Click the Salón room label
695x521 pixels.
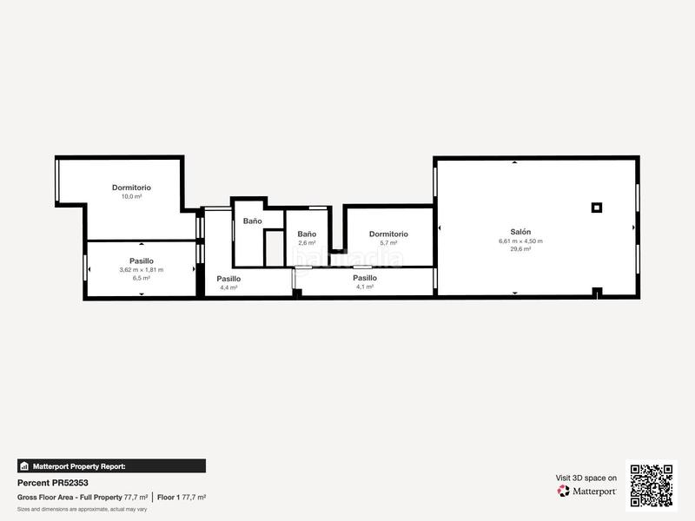click(520, 231)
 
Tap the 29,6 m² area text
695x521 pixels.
click(520, 249)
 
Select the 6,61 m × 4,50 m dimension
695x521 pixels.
click(520, 241)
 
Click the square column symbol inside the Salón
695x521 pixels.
click(596, 207)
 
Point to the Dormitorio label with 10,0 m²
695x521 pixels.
click(131, 188)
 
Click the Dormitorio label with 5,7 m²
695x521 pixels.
click(388, 234)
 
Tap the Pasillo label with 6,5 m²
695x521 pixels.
click(142, 260)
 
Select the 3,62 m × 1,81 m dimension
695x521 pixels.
click(142, 270)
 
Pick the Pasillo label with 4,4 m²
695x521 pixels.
click(228, 279)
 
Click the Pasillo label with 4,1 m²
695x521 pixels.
click(365, 278)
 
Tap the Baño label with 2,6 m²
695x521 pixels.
click(307, 234)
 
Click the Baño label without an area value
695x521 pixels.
click(252, 221)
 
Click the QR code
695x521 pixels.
click(651, 485)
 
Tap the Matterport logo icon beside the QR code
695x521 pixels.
click(564, 491)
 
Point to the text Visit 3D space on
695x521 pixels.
click(586, 478)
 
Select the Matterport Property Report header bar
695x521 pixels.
click(112, 466)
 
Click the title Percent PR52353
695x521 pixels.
click(53, 483)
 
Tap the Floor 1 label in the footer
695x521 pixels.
click(169, 498)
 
